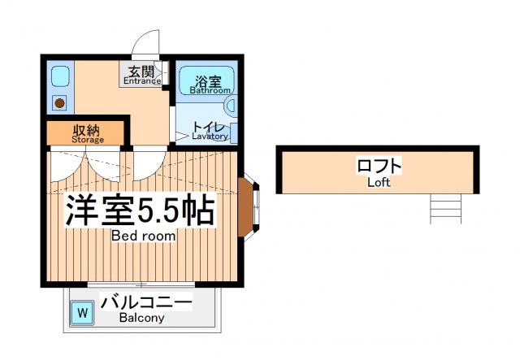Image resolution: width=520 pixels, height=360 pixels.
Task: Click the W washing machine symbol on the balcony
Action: tap(81, 311)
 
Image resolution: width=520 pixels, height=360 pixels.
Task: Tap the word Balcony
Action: tap(141, 319)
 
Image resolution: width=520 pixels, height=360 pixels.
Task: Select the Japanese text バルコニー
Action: tap(146, 304)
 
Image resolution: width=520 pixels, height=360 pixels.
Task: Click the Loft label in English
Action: tap(379, 183)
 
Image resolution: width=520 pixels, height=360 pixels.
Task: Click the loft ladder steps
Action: tap(445, 210)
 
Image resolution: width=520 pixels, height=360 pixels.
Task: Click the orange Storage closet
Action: tap(85, 134)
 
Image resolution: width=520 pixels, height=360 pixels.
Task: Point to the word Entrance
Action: tap(143, 80)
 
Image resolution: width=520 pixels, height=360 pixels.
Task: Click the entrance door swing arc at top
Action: tap(148, 42)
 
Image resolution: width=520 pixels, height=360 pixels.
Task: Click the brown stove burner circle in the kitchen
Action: tap(59, 103)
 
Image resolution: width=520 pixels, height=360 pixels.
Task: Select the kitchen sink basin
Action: tap(59, 78)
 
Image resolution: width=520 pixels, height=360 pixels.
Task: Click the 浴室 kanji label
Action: tap(206, 80)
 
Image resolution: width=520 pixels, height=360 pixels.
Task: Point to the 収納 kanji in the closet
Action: tap(87, 129)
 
